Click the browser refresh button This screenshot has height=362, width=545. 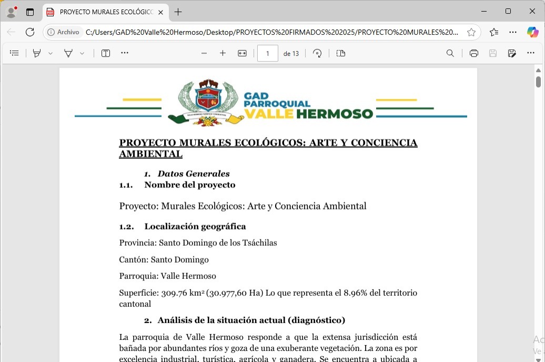click(30, 32)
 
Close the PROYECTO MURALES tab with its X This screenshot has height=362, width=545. click(160, 12)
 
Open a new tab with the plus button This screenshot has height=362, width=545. click(178, 12)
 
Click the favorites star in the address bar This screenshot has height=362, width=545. click(471, 32)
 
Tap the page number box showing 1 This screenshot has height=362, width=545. click(267, 53)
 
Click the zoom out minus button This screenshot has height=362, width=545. click(204, 53)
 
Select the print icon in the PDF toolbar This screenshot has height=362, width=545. click(474, 53)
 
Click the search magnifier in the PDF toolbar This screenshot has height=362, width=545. click(450, 53)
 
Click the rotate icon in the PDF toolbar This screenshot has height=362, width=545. click(317, 53)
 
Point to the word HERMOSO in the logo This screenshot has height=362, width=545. click(335, 114)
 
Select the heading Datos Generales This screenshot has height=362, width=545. click(194, 174)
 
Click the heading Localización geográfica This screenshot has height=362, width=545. click(195, 226)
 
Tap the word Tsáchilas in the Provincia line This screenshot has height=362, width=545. click(258, 243)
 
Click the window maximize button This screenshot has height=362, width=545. click(508, 11)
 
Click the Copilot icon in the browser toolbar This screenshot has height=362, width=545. click(532, 32)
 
